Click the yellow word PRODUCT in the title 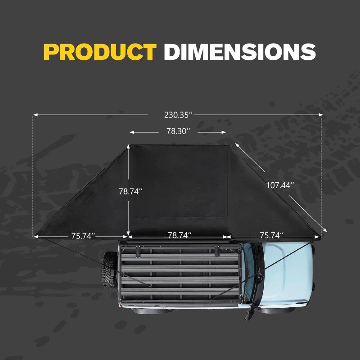[99, 52]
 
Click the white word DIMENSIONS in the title [239, 52]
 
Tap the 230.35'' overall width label [178, 115]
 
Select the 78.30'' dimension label [178, 132]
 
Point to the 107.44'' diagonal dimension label [280, 185]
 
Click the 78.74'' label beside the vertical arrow [131, 191]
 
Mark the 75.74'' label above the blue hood [271, 235]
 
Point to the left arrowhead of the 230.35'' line [35, 115]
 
